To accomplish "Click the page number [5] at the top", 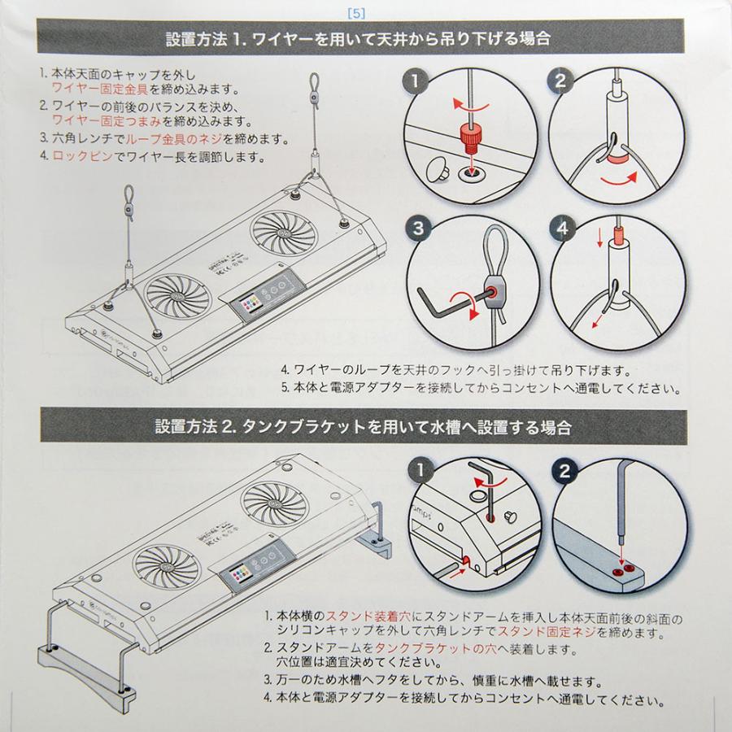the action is pos(357,14).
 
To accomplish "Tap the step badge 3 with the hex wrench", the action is pos(419,228).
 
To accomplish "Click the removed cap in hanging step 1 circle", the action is pos(438,168).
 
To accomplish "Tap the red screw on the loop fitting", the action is pos(493,293).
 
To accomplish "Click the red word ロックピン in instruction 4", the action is pos(83,156).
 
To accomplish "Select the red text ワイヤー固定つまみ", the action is pos(107,121).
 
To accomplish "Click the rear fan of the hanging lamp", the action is pos(283,233).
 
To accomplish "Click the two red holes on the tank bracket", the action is pos(623,570).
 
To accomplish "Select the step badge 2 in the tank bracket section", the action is pos(564,471).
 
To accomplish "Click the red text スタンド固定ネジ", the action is pos(547,633).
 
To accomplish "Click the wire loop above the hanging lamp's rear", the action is pos(315,83).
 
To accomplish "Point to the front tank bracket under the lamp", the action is pos(87,673).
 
